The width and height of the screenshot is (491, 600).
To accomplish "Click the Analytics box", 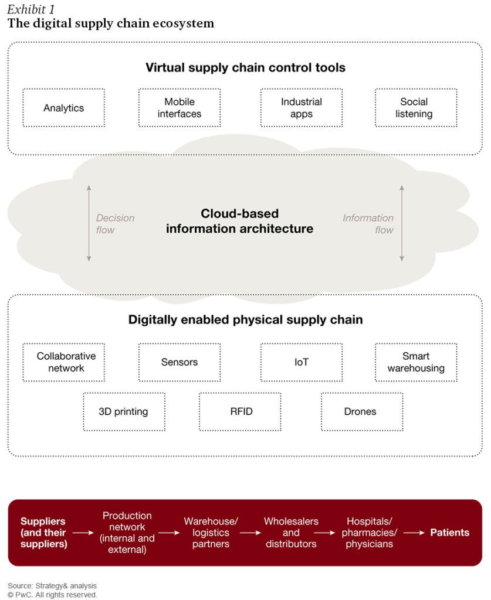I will click(x=63, y=108).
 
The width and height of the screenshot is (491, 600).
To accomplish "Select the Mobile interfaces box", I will click(x=180, y=108).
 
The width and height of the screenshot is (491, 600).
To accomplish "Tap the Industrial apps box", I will click(x=302, y=108).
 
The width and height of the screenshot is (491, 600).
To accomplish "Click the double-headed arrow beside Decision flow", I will click(x=89, y=223).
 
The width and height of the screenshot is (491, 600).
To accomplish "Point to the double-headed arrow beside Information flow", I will click(x=402, y=223).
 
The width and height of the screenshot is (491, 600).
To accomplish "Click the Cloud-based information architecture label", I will click(x=239, y=221).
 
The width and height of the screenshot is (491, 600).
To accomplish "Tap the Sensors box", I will click(x=180, y=362).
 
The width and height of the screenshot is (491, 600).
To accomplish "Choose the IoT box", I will click(x=302, y=362).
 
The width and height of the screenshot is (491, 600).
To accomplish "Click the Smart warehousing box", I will click(x=416, y=362).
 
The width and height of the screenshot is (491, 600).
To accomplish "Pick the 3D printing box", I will click(x=123, y=411).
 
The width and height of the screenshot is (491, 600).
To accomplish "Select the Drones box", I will click(x=360, y=411).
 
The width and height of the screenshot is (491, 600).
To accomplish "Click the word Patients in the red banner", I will click(x=449, y=533).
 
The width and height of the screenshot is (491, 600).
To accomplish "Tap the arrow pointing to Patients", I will click(x=414, y=533).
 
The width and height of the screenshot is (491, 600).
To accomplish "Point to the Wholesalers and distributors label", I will click(x=291, y=533).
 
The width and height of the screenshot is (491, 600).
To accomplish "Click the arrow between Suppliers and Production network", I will click(x=83, y=533).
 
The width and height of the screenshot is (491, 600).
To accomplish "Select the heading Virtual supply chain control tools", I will click(x=245, y=68).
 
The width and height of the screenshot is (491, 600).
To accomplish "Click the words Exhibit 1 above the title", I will click(x=32, y=9).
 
